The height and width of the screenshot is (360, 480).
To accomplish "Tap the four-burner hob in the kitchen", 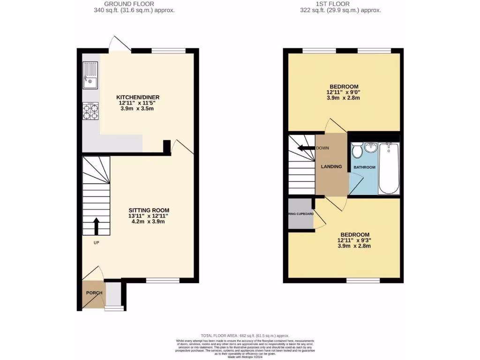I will click(x=90, y=111).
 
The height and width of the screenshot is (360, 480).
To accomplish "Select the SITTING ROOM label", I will click(x=149, y=210).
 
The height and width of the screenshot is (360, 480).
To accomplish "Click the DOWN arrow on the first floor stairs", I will click(x=307, y=148).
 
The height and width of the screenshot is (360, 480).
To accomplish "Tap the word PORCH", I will click(x=94, y=293).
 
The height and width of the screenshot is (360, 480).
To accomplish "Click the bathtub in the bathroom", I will click(x=388, y=168).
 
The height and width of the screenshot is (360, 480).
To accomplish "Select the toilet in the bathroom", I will click(x=357, y=151).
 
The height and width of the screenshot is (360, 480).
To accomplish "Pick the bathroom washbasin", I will click(x=371, y=148).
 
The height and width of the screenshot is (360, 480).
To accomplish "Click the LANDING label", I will click(x=331, y=166).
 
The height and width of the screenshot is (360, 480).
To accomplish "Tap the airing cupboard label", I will click(x=300, y=216).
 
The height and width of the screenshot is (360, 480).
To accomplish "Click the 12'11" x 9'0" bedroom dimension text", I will click(x=344, y=92).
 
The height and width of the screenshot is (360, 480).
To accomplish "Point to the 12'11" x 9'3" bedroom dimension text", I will click(x=354, y=240).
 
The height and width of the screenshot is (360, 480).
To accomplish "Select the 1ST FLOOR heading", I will click(x=340, y=4).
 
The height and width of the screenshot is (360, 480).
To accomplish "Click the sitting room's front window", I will click(x=163, y=280).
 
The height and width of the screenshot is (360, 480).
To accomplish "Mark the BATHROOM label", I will click(x=364, y=167).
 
